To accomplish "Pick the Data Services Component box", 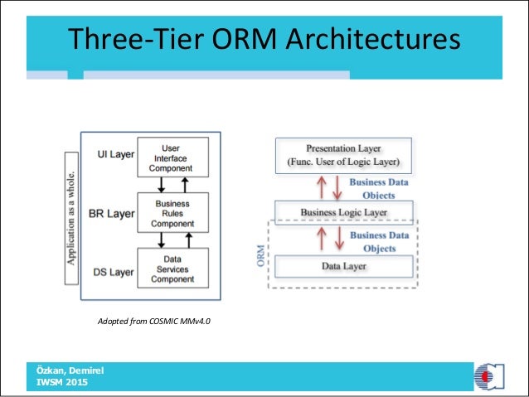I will click(172, 268).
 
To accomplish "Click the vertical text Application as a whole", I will click(72, 217).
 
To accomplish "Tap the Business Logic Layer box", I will click(344, 212).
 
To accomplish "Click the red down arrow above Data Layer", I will click(337, 240).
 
